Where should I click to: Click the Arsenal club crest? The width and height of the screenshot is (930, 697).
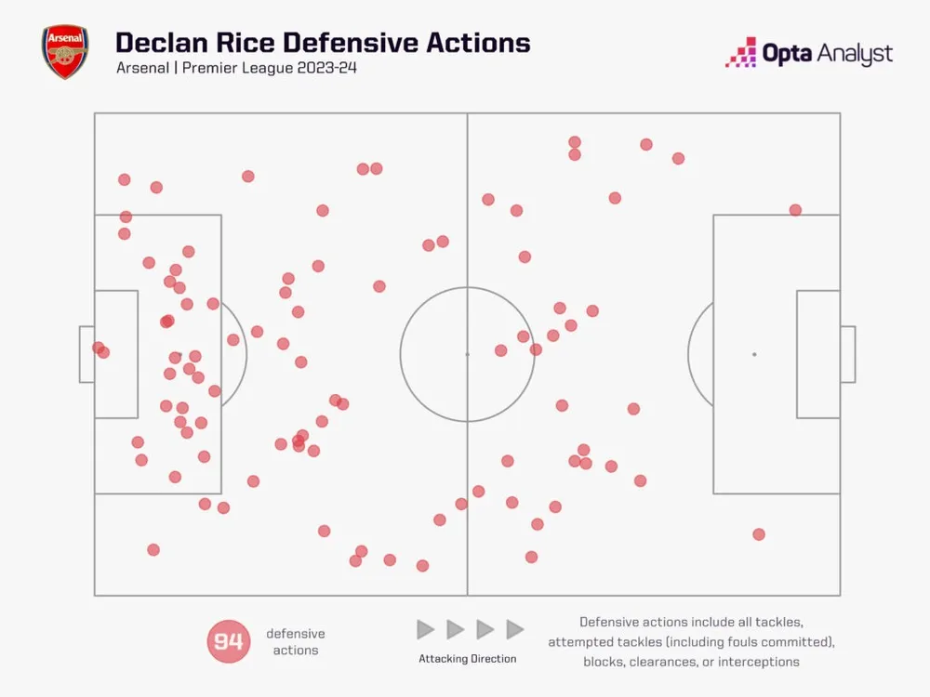pos(63,52)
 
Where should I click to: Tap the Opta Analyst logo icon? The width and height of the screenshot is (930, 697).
pos(740,52)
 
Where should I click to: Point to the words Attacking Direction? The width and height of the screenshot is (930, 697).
pos(467,659)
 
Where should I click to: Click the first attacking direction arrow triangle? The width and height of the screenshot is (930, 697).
pos(425,630)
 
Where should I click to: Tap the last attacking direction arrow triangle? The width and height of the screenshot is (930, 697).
pos(514,630)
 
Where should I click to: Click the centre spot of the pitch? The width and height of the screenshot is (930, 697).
pos(467,354)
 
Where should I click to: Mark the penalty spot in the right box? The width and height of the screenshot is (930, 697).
pos(753,354)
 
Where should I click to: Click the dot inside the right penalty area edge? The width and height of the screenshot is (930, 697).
pos(795,210)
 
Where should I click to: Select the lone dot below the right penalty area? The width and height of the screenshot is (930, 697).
pos(759,534)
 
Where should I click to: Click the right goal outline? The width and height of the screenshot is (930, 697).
pos(847,354)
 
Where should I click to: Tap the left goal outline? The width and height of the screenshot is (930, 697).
pos(86,354)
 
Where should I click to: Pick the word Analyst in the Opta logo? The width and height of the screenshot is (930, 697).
pos(854,54)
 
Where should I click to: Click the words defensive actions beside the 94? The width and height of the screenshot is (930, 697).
pos(296,642)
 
